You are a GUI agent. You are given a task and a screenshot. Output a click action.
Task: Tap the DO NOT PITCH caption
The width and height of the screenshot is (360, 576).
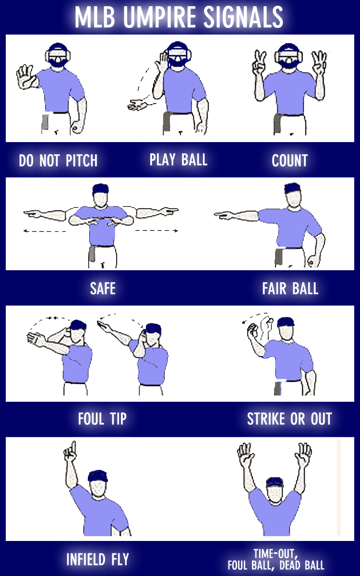point(58,161)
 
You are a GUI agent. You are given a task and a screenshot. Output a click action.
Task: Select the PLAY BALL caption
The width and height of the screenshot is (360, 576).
point(179,160)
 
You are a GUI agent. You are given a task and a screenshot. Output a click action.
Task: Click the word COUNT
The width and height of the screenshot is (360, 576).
point(289,161)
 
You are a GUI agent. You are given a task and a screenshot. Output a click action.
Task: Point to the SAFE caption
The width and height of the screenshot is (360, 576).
point(103,288)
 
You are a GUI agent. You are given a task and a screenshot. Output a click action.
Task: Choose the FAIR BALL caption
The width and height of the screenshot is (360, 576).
point(290,288)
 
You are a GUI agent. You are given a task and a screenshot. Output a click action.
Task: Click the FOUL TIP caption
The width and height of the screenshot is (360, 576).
point(102,419)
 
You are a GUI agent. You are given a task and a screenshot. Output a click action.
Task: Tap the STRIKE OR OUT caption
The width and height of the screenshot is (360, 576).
point(289,419)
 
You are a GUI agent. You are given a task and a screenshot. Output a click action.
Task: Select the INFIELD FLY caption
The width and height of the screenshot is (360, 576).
point(97,559)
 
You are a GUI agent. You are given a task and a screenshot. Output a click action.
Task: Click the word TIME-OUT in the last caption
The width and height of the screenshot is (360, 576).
point(276,552)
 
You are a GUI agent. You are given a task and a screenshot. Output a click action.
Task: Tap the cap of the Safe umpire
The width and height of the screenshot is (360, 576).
point(101,188)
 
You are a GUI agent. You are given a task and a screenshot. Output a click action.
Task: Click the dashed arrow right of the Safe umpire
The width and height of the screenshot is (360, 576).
point(156,231)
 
